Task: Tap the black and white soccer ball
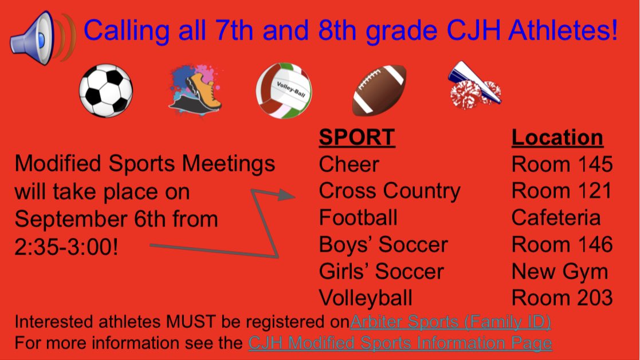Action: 106,91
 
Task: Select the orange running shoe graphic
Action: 196,91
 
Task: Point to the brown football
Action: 379,90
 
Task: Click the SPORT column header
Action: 356,138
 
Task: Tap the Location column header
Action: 557,138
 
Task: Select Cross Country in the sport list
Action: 389,191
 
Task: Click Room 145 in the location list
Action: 562,165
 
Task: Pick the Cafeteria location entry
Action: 556,218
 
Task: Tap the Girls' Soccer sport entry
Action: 381,271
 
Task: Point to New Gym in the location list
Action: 559,271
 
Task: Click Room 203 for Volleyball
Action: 562,298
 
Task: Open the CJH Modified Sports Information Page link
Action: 400,343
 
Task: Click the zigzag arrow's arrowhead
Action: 286,195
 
